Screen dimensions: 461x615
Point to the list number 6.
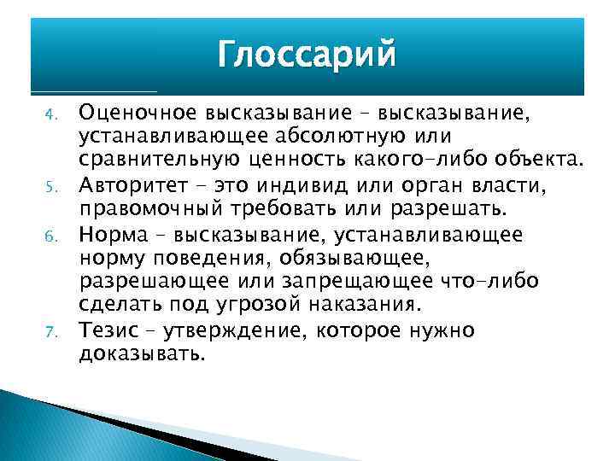click(50, 235)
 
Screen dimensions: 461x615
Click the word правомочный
click(153, 210)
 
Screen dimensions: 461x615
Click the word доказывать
click(142, 353)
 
